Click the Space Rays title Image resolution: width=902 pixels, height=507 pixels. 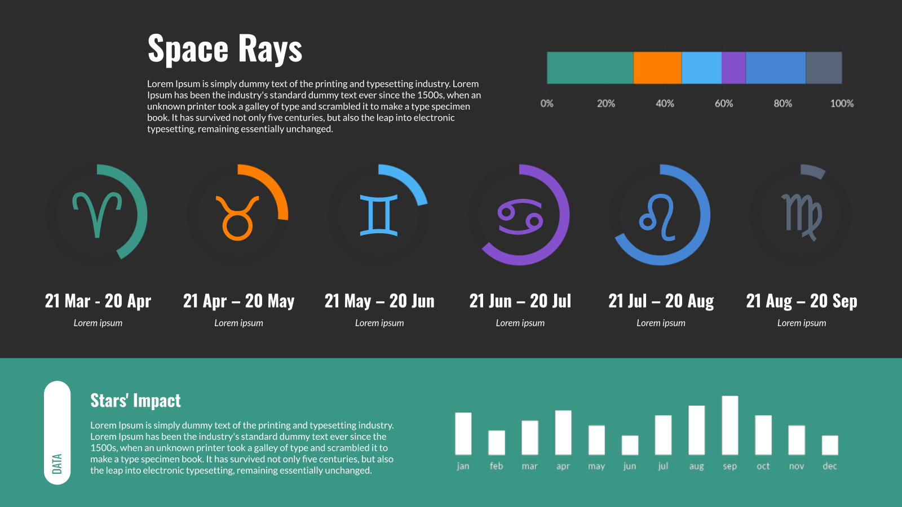(225, 49)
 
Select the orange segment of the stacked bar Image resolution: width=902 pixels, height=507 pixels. (657, 68)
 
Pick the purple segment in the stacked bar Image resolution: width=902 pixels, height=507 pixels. (733, 68)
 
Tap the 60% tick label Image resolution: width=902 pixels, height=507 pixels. (724, 104)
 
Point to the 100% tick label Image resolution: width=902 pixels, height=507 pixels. (842, 104)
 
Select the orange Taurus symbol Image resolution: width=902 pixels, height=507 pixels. (237, 218)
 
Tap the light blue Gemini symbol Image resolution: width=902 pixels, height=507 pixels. (378, 215)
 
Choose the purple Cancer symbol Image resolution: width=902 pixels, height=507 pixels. (520, 216)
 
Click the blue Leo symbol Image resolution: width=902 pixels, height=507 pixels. (657, 217)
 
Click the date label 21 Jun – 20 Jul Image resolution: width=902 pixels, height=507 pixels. (520, 301)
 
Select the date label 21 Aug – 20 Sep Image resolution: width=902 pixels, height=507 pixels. (801, 301)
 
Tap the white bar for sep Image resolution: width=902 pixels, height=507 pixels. (729, 425)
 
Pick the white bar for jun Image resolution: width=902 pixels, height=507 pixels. (630, 445)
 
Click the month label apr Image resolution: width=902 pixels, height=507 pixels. (563, 466)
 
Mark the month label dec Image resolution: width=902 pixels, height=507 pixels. (829, 466)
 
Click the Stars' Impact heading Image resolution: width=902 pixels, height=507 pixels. (135, 401)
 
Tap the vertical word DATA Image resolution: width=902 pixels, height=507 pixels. (57, 464)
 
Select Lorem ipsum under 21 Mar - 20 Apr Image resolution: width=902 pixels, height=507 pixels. (98, 323)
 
